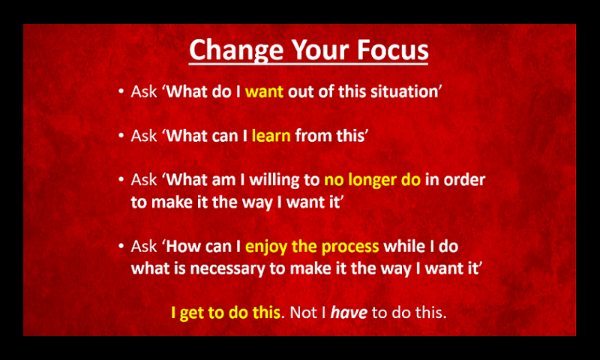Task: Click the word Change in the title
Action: click(x=237, y=51)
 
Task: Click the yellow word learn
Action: click(x=271, y=136)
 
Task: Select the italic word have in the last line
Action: click(x=349, y=313)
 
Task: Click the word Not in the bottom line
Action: click(x=303, y=313)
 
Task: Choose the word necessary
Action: click(x=228, y=269)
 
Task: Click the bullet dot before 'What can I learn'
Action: click(x=121, y=136)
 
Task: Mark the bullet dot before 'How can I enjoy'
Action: click(x=121, y=246)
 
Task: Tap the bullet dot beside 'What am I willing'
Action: click(x=121, y=179)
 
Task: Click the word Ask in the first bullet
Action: click(x=144, y=91)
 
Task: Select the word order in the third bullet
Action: click(x=465, y=180)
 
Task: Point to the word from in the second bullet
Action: click(x=310, y=136)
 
